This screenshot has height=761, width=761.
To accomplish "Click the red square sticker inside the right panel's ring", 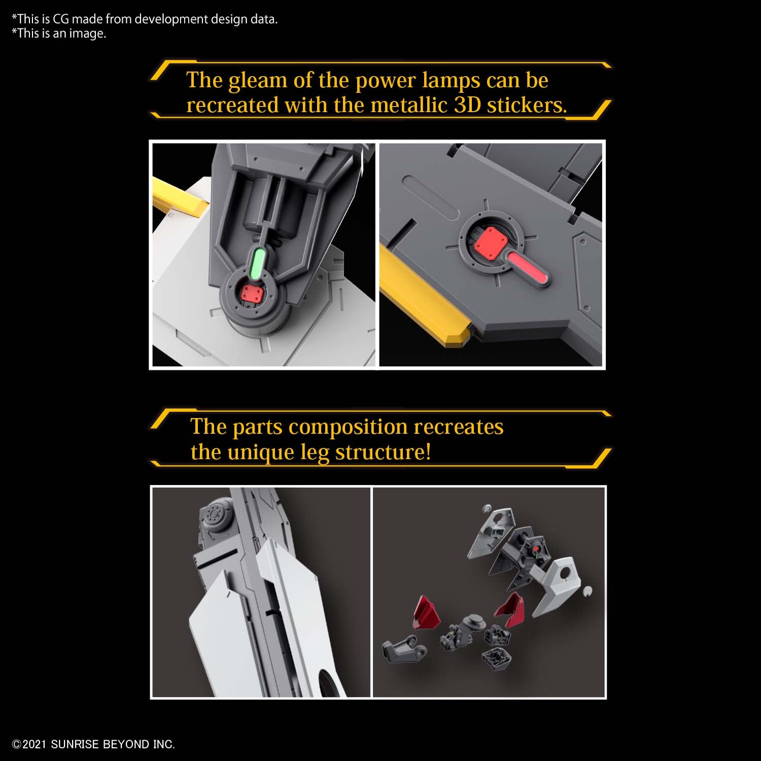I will [490, 239].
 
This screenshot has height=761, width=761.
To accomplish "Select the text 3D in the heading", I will [467, 105].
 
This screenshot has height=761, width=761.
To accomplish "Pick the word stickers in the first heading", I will [526, 105].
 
